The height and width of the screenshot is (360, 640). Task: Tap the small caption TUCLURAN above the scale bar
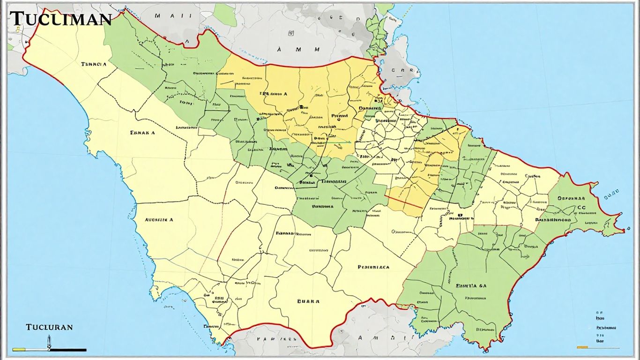click(49, 327)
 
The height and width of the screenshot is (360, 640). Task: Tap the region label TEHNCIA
click(94, 64)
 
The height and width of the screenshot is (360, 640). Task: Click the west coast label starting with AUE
click(159, 219)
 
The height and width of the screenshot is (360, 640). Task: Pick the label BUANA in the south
click(308, 301)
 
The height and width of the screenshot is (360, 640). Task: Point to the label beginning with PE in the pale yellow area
click(373, 267)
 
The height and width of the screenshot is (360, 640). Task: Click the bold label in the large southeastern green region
click(471, 285)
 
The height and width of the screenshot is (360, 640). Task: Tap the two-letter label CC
click(581, 208)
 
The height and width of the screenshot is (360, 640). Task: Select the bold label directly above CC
click(573, 198)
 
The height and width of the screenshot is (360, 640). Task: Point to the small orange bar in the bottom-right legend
click(582, 347)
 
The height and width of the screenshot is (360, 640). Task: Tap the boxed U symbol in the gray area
click(291, 33)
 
